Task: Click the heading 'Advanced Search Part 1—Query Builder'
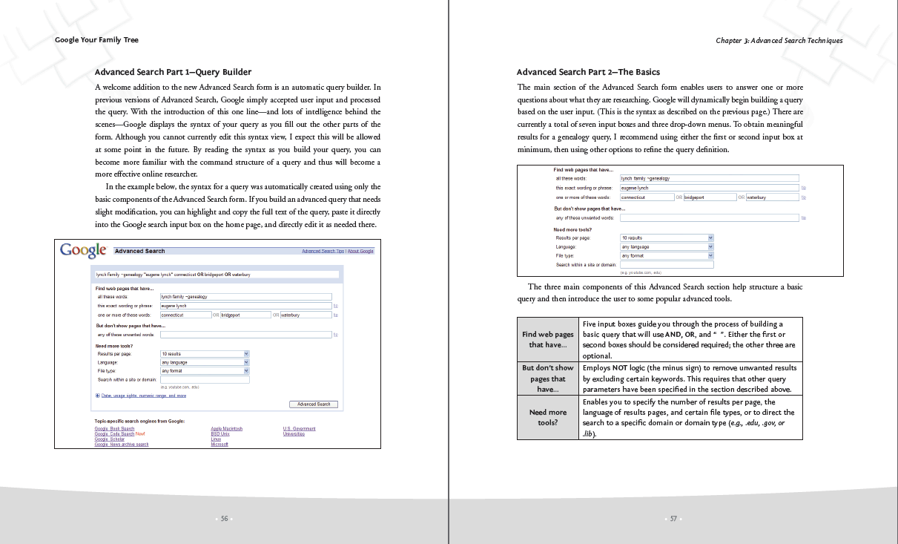click(173, 72)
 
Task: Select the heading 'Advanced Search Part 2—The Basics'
click(588, 72)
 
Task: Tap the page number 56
click(224, 519)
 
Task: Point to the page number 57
click(673, 519)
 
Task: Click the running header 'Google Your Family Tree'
click(96, 40)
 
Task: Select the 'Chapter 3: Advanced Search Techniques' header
click(779, 41)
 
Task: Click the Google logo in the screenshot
click(83, 250)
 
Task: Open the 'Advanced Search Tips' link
click(323, 252)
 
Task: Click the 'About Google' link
click(360, 252)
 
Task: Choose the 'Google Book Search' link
click(114, 429)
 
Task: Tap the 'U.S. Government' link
click(299, 429)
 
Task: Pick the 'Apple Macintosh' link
click(226, 429)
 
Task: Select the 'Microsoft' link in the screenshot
click(219, 445)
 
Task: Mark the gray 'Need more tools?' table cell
click(547, 417)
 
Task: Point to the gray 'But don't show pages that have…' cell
click(547, 378)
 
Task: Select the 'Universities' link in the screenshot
click(294, 434)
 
